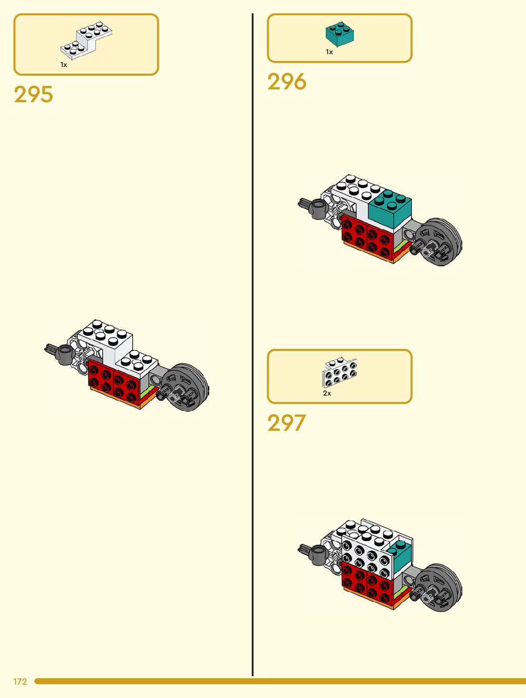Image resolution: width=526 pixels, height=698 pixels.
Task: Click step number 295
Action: pos(33,95)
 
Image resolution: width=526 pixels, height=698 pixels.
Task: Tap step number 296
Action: pos(287,82)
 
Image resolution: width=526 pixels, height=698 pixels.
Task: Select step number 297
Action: pos(286,423)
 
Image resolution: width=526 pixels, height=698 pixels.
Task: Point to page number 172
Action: pos(20,681)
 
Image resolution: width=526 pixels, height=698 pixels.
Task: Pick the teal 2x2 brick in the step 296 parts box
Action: pos(340,34)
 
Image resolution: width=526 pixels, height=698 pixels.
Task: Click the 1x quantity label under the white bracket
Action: pos(64,65)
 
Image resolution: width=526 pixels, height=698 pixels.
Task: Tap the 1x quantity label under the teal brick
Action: pos(329,52)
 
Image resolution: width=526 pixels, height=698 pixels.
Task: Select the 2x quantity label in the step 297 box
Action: pos(327,393)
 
